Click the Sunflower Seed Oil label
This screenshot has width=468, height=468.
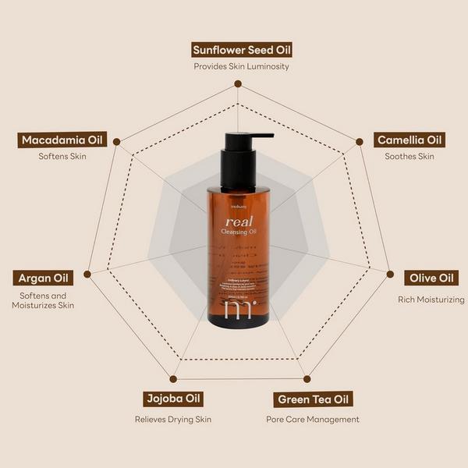point(242,51)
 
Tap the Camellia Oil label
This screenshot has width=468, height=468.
point(409,140)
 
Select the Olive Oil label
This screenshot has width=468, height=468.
point(434,278)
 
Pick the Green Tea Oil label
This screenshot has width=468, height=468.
point(315,400)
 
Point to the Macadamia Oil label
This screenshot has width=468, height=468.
point(62,140)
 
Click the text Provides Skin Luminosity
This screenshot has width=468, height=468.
point(242,67)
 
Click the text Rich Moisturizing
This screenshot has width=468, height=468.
point(431,300)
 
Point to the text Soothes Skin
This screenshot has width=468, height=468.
point(409,157)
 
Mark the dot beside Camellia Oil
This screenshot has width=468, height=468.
point(360,142)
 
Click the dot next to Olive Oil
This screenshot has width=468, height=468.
point(389,274)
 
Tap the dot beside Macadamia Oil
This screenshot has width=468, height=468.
point(116,142)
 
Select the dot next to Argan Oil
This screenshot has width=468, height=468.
point(87,274)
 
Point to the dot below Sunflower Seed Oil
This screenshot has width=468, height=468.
point(238,84)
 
